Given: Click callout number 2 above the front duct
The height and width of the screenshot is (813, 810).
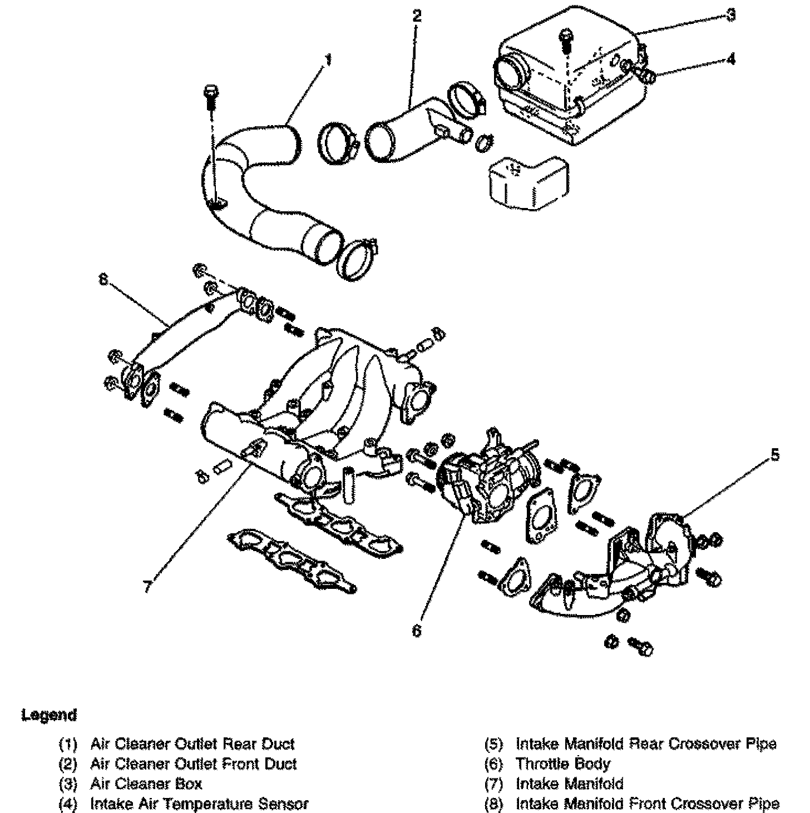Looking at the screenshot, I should point(417,16).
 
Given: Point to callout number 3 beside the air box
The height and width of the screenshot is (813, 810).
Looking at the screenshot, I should point(731,15).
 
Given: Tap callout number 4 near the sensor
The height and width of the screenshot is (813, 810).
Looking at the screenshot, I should point(731,58).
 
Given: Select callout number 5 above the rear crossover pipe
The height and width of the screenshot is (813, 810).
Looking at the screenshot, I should point(775,455).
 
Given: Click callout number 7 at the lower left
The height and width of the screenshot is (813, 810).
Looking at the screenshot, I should point(147,586).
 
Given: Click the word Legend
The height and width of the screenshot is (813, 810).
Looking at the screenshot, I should point(48,715).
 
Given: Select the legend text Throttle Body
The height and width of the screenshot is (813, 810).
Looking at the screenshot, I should point(562,764).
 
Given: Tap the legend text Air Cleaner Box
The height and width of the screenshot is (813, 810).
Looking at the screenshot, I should point(146,784).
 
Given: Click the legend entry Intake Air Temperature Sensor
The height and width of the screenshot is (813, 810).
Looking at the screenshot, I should point(199,804).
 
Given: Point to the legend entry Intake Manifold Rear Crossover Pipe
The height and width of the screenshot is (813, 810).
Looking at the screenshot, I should point(645,743).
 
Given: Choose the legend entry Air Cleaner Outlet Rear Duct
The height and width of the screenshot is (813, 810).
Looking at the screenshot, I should point(192,743).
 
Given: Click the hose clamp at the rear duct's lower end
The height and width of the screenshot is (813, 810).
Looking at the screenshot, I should point(359,259).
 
